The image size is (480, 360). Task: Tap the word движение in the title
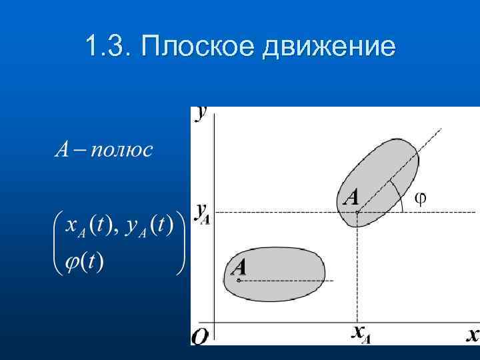click(329, 47)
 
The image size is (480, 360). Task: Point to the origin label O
click(199, 337)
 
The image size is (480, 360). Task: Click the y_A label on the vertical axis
click(202, 213)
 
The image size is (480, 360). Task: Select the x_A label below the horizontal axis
click(360, 333)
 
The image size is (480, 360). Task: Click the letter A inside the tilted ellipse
click(351, 197)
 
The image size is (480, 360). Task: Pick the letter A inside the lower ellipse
click(239, 267)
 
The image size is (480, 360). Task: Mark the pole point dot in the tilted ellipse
click(358, 212)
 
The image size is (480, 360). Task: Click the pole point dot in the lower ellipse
click(239, 280)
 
